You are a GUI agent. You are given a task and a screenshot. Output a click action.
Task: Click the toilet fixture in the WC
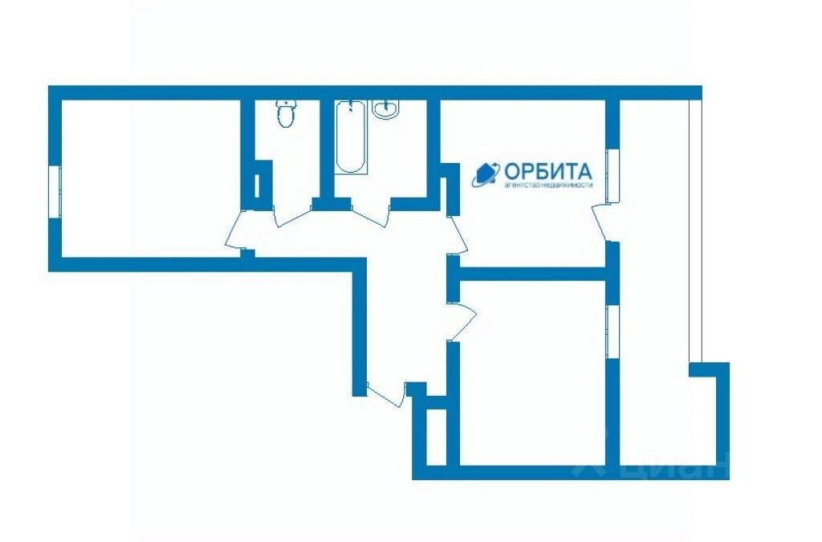(285, 115)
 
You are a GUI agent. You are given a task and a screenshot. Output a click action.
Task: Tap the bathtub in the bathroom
(351, 137)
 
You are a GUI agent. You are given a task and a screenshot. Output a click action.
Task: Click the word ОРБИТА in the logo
(548, 171)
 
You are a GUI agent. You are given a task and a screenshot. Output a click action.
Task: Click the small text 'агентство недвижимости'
(547, 185)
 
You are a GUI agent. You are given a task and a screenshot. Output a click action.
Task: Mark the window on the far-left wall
(55, 190)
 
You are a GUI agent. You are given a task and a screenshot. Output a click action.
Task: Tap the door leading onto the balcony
(600, 222)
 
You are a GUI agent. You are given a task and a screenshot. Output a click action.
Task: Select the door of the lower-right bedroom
(462, 321)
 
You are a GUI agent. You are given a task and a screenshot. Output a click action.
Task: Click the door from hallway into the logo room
(457, 234)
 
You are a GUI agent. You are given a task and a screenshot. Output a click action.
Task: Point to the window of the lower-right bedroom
(611, 332)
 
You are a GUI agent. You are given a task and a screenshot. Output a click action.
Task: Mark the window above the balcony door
(611, 175)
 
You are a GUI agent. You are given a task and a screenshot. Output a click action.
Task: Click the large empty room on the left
(149, 177)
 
